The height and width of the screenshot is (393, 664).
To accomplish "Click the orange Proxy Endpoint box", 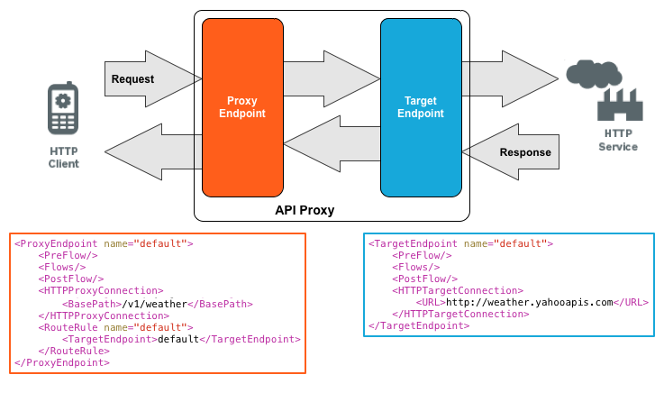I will [241, 106].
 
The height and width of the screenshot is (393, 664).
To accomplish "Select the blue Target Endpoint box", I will [420, 106].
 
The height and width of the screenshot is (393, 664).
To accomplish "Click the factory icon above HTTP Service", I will [620, 105].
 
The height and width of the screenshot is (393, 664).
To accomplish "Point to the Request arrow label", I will [132, 79].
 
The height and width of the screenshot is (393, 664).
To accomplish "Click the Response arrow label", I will [524, 152].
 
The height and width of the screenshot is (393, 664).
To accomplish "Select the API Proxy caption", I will [305, 211].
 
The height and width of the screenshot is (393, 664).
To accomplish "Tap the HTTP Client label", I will [63, 157].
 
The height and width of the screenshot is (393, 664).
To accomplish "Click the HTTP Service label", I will [618, 140].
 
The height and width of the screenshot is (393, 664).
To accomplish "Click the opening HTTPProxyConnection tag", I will [101, 292].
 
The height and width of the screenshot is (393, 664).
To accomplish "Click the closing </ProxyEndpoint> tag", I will [62, 362].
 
